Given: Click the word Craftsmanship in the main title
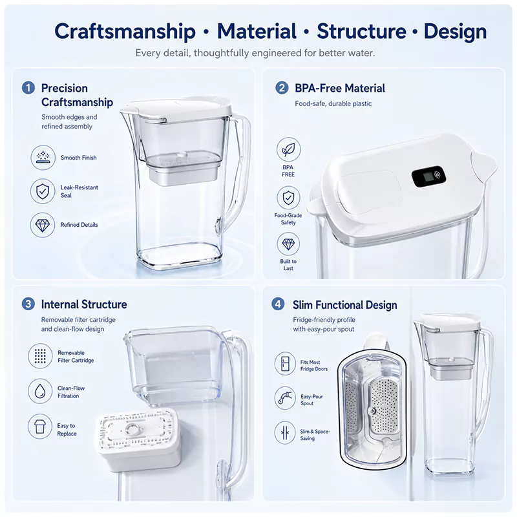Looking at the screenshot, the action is tap(125, 32).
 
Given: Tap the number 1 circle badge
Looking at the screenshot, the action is tap(28, 88).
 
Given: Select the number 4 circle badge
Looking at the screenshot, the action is tap(278, 304).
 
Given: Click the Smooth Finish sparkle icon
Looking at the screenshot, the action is tap(43, 158).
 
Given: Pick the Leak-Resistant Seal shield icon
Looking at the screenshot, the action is tap(43, 191).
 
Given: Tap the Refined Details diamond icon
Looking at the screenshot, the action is tap(43, 225).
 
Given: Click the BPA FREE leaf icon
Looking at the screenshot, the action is tap(288, 150).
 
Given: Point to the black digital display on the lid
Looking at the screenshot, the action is tap(428, 176).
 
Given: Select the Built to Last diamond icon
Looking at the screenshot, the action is tap(288, 244).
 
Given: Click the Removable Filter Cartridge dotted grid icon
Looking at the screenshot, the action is tap(40, 356).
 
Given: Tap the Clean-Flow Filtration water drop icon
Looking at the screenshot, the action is tap(40, 391).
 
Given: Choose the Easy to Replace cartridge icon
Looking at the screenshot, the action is tap(40, 427).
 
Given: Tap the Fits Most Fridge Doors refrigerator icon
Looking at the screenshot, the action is tap(285, 364).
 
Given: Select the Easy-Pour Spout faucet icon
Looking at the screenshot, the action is tap(285, 398).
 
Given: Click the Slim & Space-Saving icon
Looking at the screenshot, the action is tap(285, 433).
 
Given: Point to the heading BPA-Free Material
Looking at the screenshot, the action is tap(340, 89).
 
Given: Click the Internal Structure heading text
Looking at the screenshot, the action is tap(84, 304).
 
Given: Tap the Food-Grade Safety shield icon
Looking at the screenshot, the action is tap(288, 198).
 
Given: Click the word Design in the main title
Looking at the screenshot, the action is tap(456, 32).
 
